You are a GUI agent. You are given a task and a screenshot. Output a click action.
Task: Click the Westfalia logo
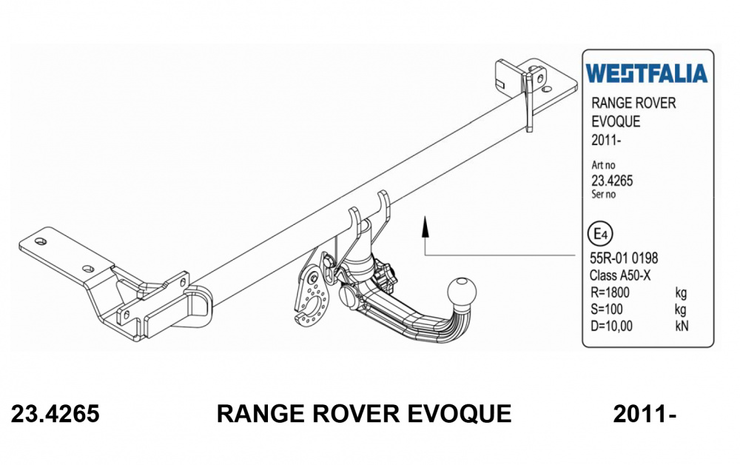pyautogui.click(x=646, y=73)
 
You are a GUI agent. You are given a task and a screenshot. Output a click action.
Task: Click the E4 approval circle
pyautogui.click(x=600, y=235)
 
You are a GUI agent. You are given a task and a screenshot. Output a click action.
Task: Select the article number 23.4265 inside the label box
pyautogui.click(x=612, y=181)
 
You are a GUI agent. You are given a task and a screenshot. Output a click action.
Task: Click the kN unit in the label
pyautogui.click(x=682, y=325)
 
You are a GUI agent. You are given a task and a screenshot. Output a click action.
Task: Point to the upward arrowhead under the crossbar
pyautogui.click(x=425, y=224)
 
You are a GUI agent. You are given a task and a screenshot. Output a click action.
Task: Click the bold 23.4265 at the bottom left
pyautogui.click(x=55, y=414)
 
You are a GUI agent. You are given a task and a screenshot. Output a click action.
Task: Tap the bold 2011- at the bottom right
pyautogui.click(x=645, y=414)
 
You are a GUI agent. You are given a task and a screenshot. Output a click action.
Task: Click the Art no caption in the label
pyautogui.click(x=604, y=166)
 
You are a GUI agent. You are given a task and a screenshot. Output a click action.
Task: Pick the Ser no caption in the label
pyautogui.click(x=604, y=195)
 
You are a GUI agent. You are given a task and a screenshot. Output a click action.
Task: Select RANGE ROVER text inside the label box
pyautogui.click(x=633, y=104)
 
